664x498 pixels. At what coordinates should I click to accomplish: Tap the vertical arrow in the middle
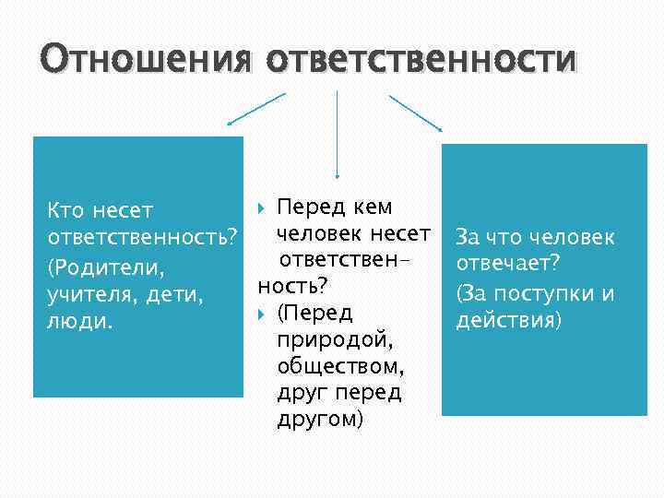(337, 134)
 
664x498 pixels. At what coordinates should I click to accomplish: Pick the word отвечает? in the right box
(502, 266)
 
